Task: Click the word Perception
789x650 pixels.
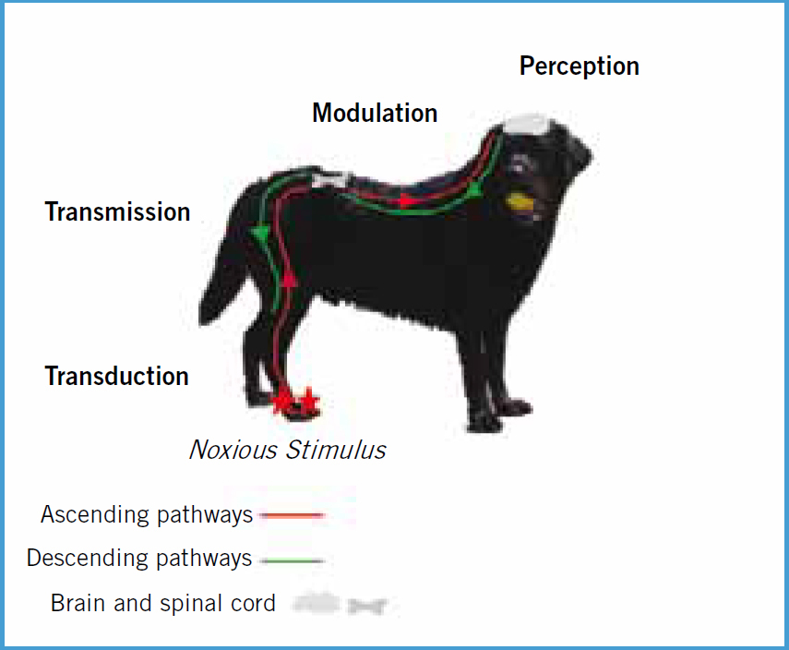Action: point(580,66)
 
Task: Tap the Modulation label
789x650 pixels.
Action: point(375,113)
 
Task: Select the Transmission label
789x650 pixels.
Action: point(118,211)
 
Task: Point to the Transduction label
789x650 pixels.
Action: point(117,376)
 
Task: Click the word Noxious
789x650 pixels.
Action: point(233,450)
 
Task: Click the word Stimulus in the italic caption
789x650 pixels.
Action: point(336,450)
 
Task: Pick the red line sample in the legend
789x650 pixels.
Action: point(292,515)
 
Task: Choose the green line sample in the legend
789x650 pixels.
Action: point(293,560)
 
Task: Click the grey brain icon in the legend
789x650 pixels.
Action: point(317,603)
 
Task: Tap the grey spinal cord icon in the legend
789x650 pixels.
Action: point(367,606)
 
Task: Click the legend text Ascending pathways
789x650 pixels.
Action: point(147,515)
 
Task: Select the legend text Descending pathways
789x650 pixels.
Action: point(139,559)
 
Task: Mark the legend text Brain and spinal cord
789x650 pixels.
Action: point(163,603)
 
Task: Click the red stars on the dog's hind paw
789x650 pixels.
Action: point(295,402)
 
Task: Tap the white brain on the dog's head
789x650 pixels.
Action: point(527,125)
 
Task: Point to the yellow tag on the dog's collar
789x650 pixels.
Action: point(520,201)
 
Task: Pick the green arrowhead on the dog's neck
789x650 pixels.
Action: point(474,188)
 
